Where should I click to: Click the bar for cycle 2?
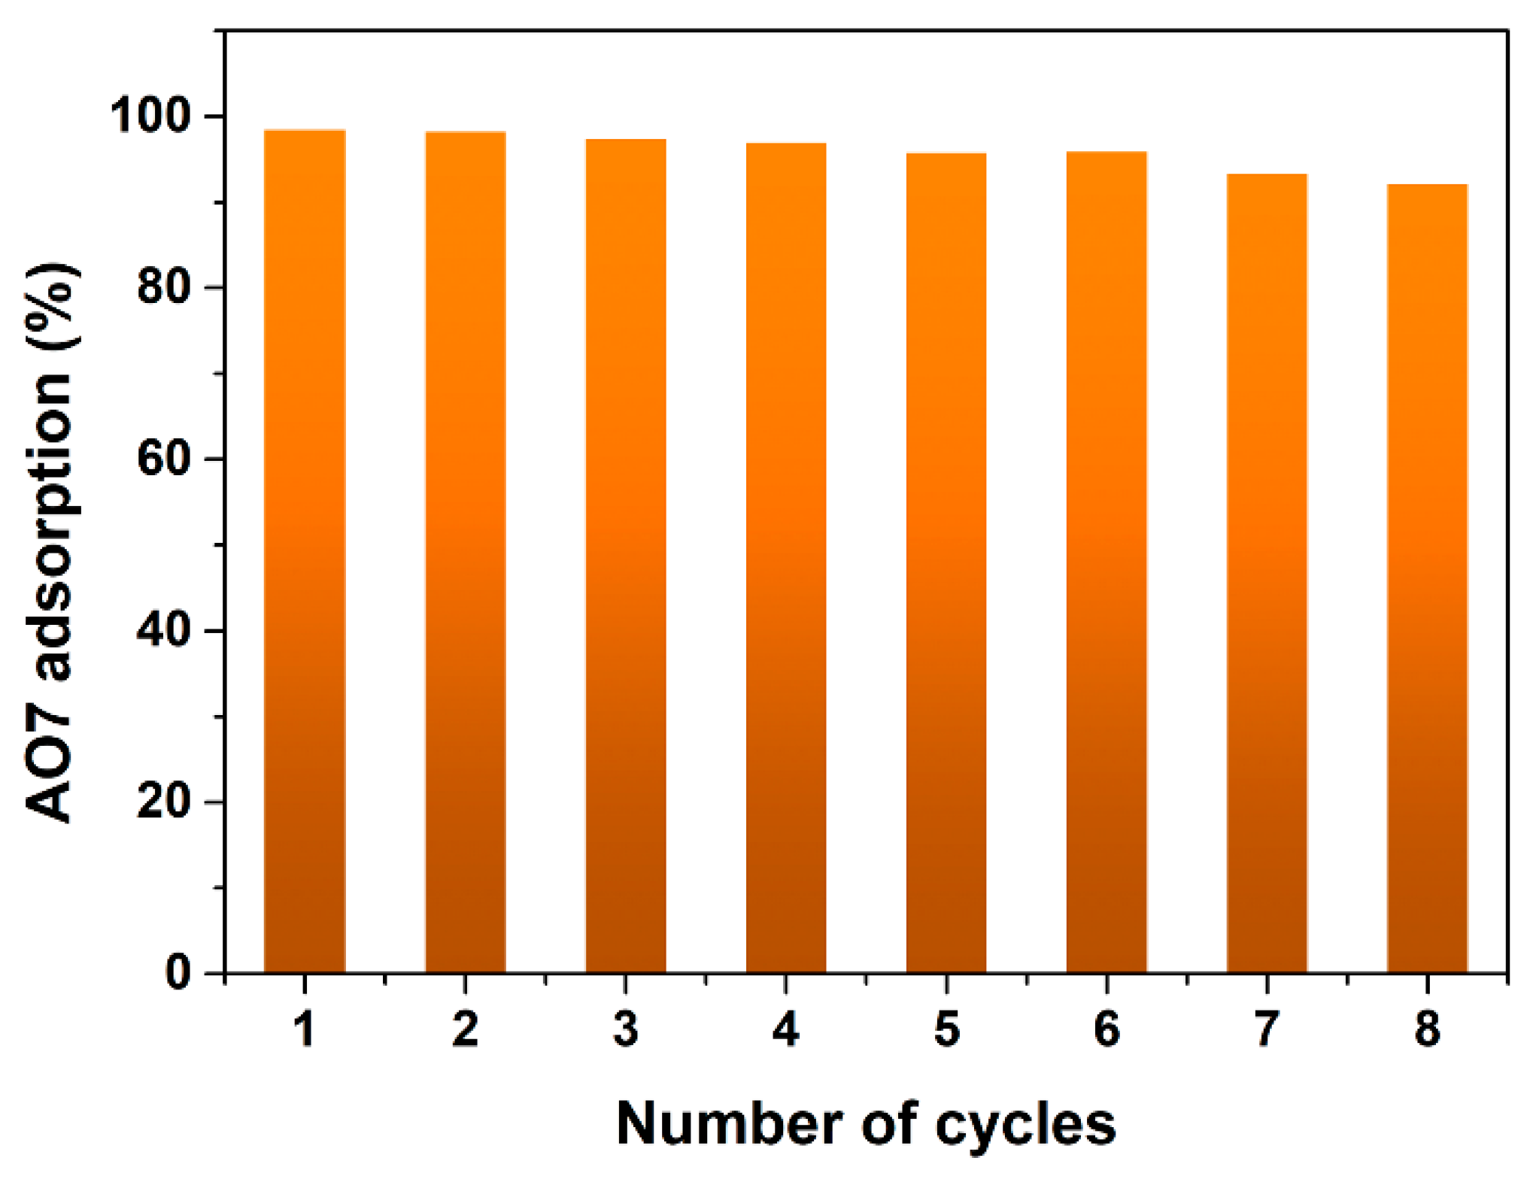click(466, 553)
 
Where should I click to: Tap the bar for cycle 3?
click(626, 556)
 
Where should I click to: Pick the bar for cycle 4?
click(786, 558)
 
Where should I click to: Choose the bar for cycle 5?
click(946, 563)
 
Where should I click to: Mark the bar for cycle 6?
click(1107, 562)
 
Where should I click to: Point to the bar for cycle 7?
click(1267, 574)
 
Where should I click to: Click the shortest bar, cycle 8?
click(1427, 579)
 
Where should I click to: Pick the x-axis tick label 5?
click(946, 1029)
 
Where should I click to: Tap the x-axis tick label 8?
click(1427, 1029)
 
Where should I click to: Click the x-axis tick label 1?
click(305, 1029)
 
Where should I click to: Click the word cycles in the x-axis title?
click(1025, 1125)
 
